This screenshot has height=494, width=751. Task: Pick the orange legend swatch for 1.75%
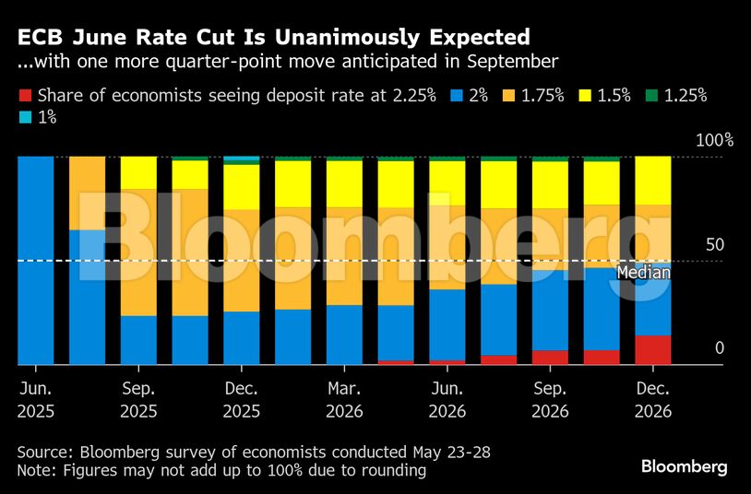coord(508,95)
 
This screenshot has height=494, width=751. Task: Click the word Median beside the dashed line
coord(642,273)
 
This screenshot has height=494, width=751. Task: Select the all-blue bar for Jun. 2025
coord(36,261)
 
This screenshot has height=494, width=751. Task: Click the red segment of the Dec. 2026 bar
coord(653,350)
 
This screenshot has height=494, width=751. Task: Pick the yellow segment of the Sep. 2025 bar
coord(139,173)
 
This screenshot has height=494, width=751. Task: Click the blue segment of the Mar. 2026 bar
coord(345,334)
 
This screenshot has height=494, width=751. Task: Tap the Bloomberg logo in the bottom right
coord(685,467)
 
